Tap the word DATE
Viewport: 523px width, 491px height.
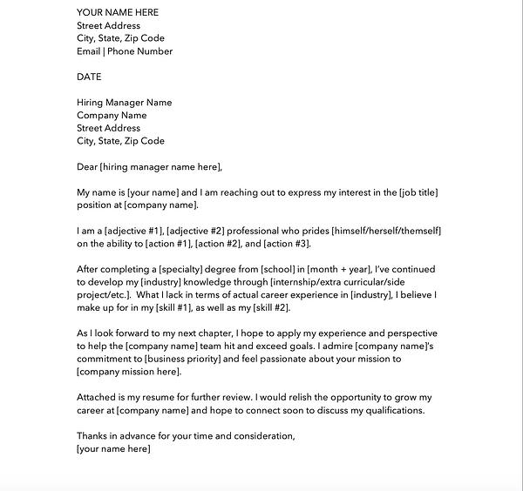tap(89, 77)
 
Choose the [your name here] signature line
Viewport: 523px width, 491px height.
tap(113, 449)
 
